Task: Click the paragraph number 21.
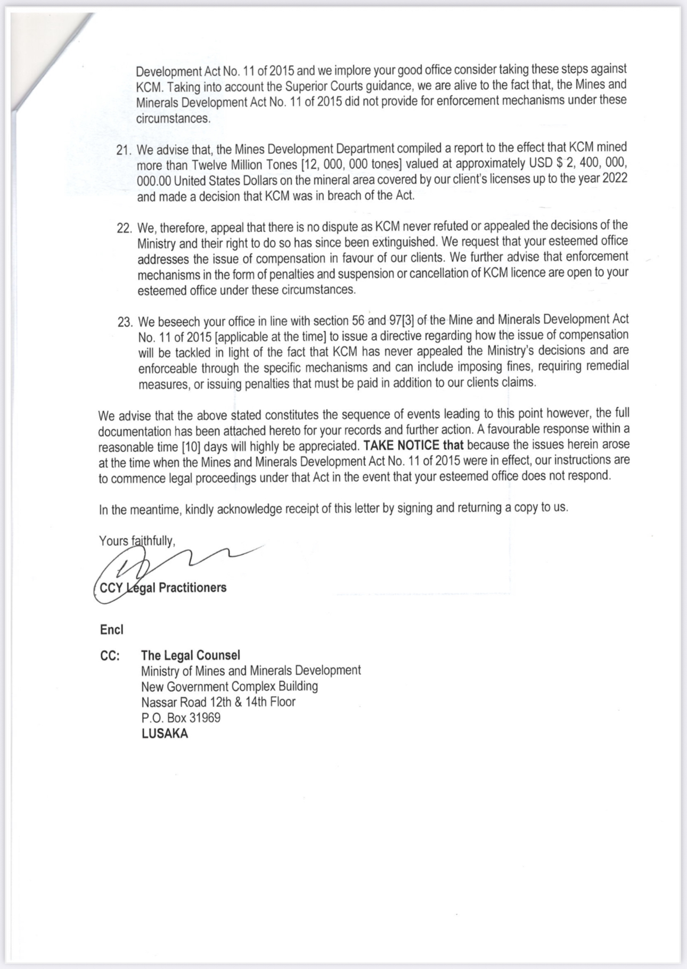click(124, 150)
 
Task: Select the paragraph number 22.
click(124, 228)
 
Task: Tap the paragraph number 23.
click(125, 323)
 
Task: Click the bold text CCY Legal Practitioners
click(163, 588)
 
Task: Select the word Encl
click(111, 630)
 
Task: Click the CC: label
click(110, 656)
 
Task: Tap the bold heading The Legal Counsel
click(191, 655)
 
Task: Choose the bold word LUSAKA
click(165, 734)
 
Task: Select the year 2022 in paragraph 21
click(615, 178)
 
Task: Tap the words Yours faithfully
click(137, 541)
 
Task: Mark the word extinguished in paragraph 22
click(405, 242)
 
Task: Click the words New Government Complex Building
click(230, 687)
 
